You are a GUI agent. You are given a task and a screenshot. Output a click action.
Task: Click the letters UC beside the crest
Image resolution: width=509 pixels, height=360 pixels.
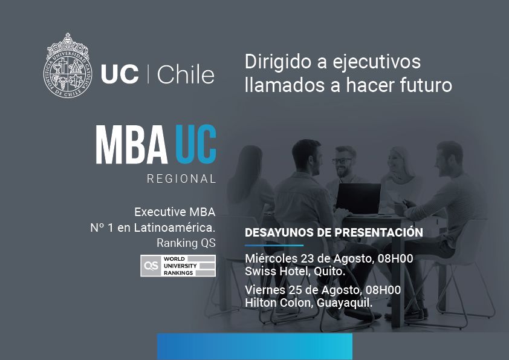[x=118, y=75]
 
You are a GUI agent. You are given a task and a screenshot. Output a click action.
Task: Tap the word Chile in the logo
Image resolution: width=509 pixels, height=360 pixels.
[x=185, y=75]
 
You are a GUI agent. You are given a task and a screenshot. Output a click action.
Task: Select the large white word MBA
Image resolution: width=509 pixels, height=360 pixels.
[x=131, y=145]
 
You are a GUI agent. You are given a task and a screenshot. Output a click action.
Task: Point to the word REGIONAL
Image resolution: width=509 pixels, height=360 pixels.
[x=181, y=179]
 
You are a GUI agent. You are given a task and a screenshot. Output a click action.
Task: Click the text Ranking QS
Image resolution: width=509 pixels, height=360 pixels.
[x=186, y=243]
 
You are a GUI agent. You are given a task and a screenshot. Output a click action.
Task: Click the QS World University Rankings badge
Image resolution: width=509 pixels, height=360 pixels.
[x=178, y=266]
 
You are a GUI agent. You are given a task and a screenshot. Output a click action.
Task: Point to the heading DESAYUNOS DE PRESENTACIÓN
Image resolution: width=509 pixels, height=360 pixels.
[x=334, y=232]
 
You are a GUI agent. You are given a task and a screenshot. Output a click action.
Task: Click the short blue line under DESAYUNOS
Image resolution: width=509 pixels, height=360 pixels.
[x=274, y=245]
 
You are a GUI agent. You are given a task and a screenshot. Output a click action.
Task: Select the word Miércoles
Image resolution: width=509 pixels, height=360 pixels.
[x=268, y=259]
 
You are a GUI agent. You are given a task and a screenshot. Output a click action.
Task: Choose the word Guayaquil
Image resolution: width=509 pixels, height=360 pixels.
[x=344, y=302]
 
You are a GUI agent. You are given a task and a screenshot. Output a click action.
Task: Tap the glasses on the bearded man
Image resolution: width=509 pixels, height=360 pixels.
[x=342, y=161]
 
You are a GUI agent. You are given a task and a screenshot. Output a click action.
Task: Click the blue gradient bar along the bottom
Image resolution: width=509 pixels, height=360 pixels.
[x=254, y=346]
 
